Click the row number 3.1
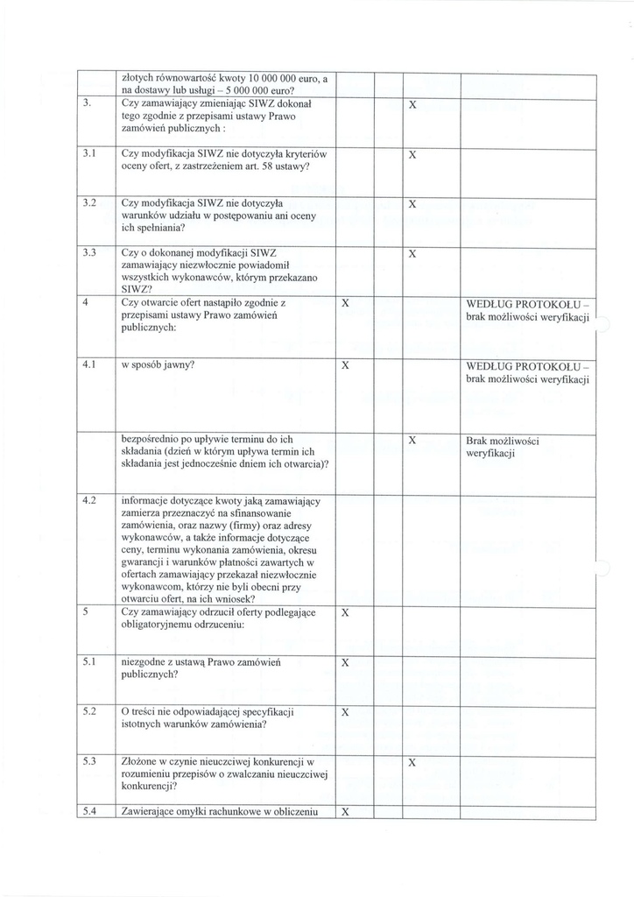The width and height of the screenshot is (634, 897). pos(88,154)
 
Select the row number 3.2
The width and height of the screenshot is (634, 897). pos(88,203)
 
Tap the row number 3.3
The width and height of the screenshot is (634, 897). pos(88,252)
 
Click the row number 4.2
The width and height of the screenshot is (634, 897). pos(88,500)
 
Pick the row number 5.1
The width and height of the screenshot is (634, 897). pos(88,663)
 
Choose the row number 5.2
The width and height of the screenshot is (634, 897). pos(88,712)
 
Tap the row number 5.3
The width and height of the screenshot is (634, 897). pos(88,761)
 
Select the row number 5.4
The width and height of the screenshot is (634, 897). pos(88,811)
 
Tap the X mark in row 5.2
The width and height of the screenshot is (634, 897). pos(345,713)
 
